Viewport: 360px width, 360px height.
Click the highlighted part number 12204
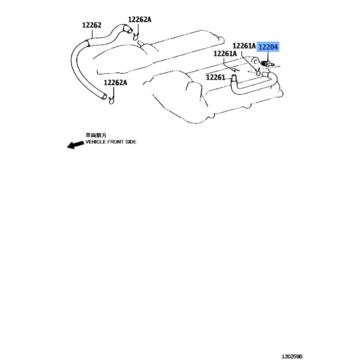point(268,47)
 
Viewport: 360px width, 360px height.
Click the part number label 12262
point(92,25)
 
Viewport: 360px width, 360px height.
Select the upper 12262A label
point(139,19)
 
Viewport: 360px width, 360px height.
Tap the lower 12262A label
point(115,82)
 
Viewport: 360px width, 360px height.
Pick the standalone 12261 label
point(216,77)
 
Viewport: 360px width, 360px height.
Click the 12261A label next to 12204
point(244,46)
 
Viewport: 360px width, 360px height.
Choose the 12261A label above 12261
point(225,54)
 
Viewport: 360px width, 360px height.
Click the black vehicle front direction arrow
point(75,145)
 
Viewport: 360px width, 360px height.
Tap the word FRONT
point(116,142)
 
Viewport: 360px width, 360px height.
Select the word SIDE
point(131,142)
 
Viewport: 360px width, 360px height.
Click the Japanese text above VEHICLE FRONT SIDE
point(96,135)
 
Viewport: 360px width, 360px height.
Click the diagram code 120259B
point(292,356)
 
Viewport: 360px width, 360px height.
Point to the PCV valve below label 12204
point(267,63)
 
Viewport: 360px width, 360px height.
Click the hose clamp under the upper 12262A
point(136,36)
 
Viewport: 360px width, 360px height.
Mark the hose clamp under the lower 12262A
point(111,100)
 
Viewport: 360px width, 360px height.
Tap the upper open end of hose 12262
point(127,29)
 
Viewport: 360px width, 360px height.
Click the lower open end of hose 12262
point(104,96)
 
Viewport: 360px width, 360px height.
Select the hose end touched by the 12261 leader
point(234,78)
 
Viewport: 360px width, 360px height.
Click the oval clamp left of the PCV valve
point(258,72)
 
